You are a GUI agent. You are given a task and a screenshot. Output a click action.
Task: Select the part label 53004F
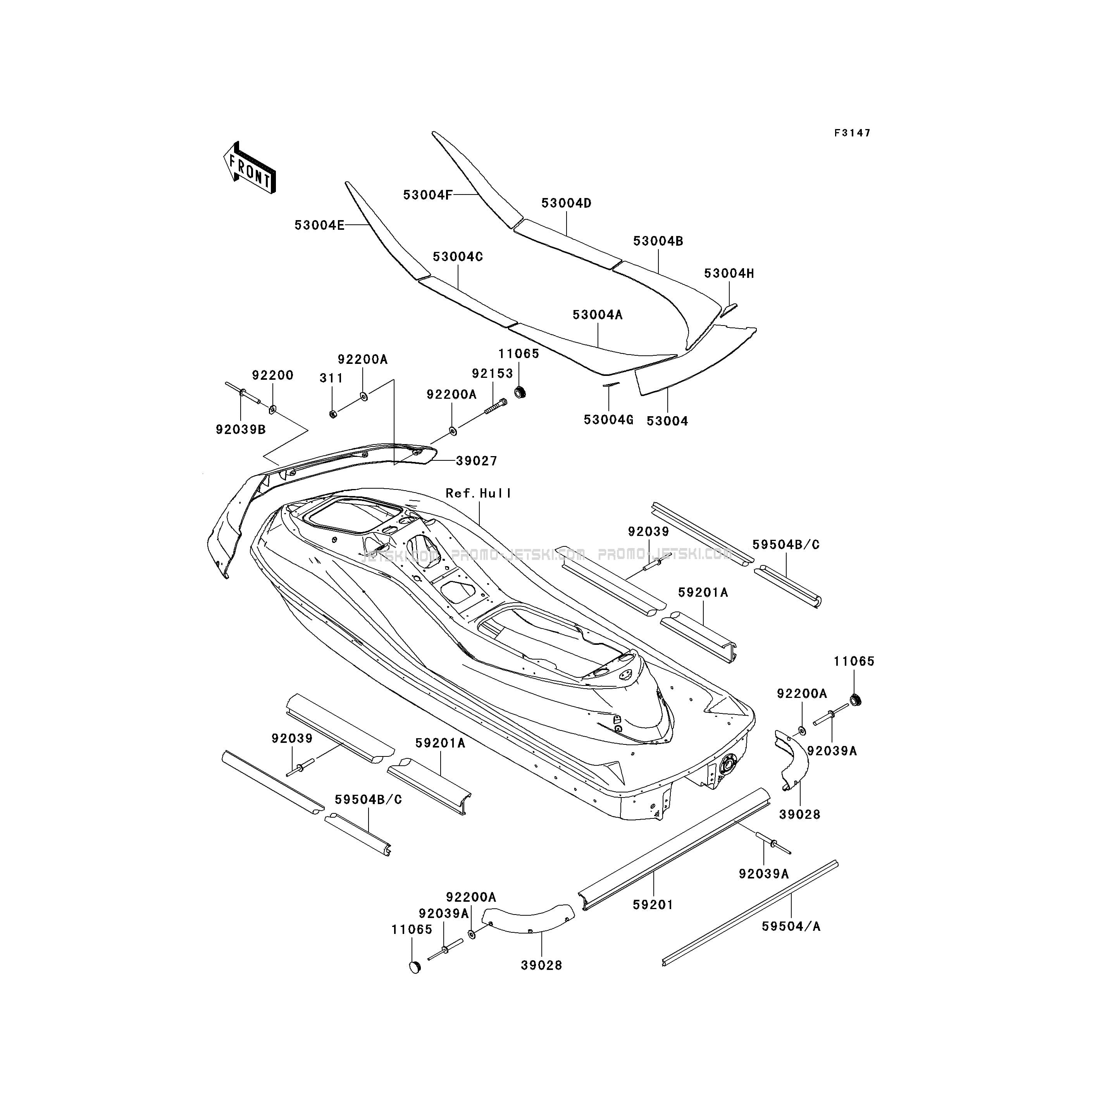(427, 195)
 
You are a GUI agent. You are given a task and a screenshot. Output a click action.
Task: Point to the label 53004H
(729, 274)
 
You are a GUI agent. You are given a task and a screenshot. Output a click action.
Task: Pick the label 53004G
(608, 420)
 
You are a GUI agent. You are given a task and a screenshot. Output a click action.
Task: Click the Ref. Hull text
(479, 493)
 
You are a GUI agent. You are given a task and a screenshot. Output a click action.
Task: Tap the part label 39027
(477, 461)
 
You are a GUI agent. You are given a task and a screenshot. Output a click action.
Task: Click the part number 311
(331, 378)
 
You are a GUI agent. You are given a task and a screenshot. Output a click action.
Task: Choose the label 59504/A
(791, 927)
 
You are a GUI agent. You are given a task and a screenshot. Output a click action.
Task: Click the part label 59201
(653, 904)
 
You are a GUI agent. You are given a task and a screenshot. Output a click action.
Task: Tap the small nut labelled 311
(333, 413)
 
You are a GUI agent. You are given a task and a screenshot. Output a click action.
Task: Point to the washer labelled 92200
(272, 410)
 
